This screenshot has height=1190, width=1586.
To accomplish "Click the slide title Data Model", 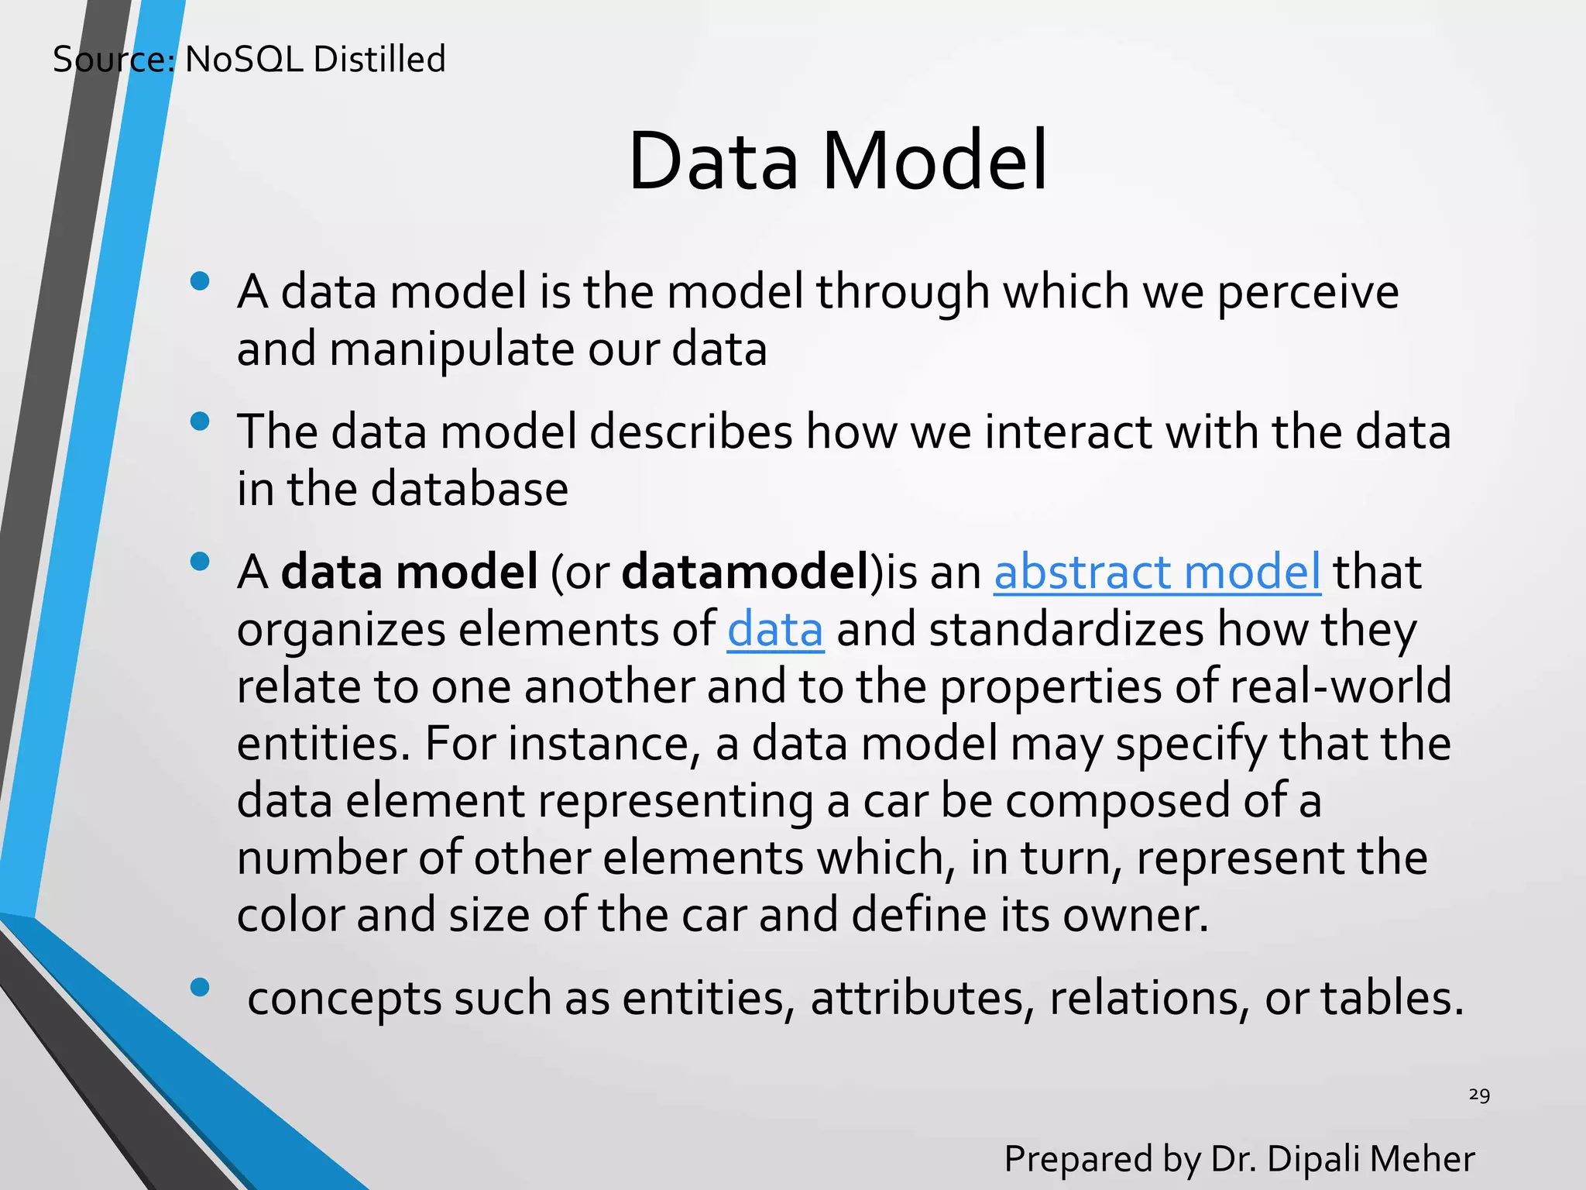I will (x=837, y=161).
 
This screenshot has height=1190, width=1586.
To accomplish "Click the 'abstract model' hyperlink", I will (x=1156, y=572).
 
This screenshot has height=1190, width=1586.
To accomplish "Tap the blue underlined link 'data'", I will (x=774, y=629).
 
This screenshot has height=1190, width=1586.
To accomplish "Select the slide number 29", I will (x=1478, y=1095).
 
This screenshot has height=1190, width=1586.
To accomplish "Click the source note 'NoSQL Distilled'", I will (x=315, y=60).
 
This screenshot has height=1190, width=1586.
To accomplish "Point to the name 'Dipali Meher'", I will (x=1371, y=1159).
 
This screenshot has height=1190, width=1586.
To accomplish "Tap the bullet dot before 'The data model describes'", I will (x=200, y=421).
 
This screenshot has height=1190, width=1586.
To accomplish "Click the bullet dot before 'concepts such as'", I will (x=200, y=987).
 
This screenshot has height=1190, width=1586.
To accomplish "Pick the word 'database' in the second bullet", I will (x=469, y=490).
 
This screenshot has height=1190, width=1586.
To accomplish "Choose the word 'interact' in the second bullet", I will (x=1069, y=432).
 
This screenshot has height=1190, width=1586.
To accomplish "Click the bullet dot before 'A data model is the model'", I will (x=200, y=281).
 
